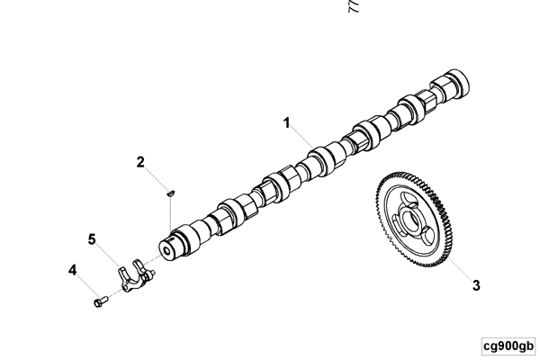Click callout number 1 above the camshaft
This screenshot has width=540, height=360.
(x=287, y=122)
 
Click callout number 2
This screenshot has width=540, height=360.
(x=140, y=163)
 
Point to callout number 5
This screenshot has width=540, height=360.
(x=92, y=238)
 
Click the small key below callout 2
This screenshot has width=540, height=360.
(x=170, y=191)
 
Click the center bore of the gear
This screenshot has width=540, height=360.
(x=418, y=218)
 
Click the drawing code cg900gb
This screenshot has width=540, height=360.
(x=508, y=346)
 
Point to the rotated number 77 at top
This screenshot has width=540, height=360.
(x=354, y=7)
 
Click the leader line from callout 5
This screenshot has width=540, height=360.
(x=107, y=254)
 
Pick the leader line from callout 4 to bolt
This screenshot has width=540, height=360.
(x=85, y=283)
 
